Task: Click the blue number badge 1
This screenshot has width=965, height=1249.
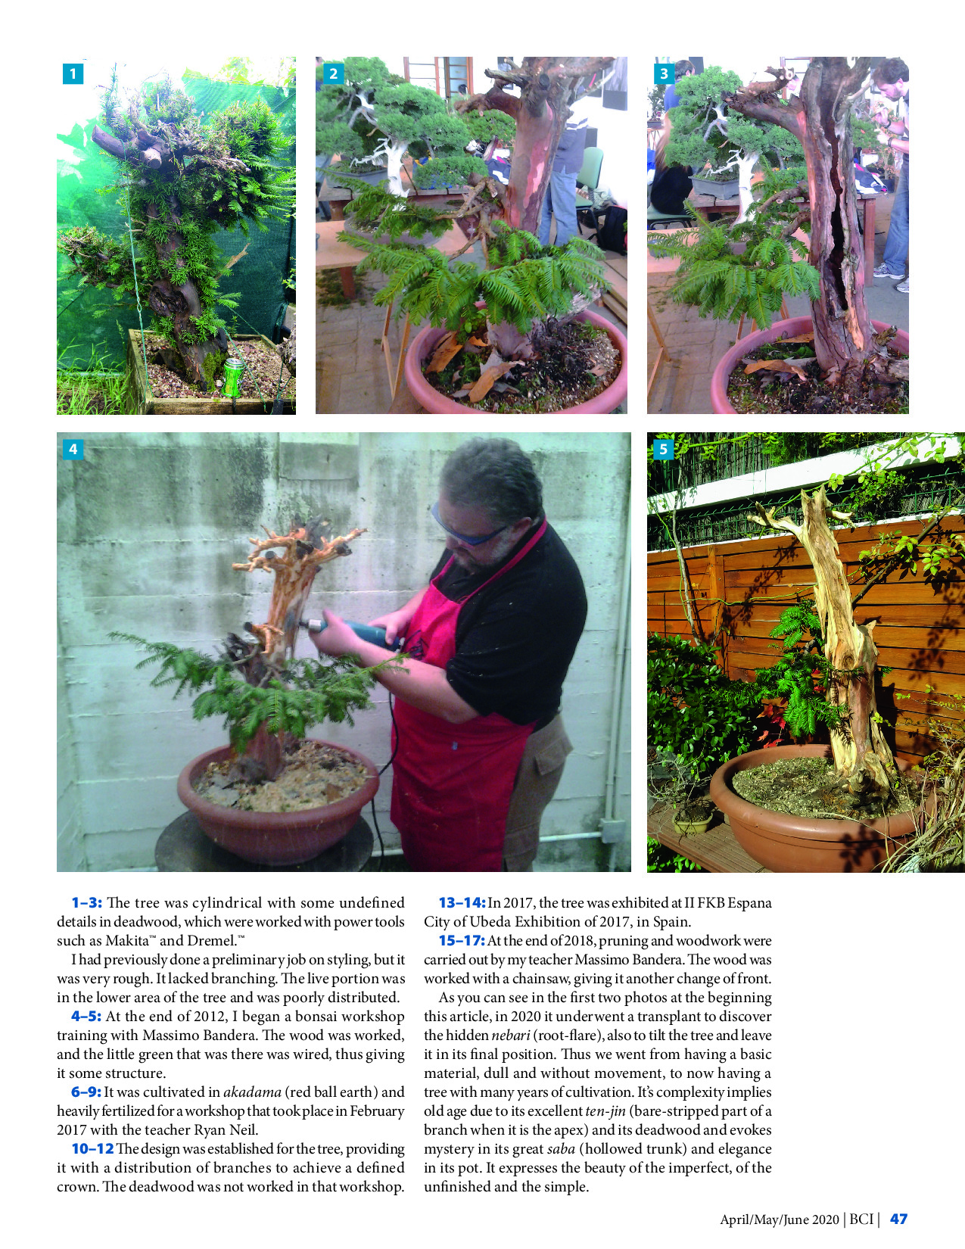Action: click(73, 73)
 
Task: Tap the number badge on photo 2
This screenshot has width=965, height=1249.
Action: click(333, 73)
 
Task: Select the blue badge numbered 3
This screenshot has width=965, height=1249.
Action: click(664, 73)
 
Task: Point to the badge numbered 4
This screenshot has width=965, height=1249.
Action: click(73, 449)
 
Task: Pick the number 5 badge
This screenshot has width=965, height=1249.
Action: click(663, 449)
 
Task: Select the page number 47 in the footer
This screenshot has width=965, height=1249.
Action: click(898, 1219)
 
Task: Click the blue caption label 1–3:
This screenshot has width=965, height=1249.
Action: click(87, 902)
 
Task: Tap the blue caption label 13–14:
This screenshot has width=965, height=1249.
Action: click(462, 902)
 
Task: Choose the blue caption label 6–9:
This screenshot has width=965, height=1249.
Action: click(86, 1092)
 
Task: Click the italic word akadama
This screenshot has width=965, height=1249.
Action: click(252, 1092)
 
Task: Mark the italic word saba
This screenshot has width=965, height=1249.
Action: click(562, 1148)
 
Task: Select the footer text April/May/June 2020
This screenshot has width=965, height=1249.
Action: click(780, 1219)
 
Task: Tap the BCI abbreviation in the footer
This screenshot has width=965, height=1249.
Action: click(861, 1219)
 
